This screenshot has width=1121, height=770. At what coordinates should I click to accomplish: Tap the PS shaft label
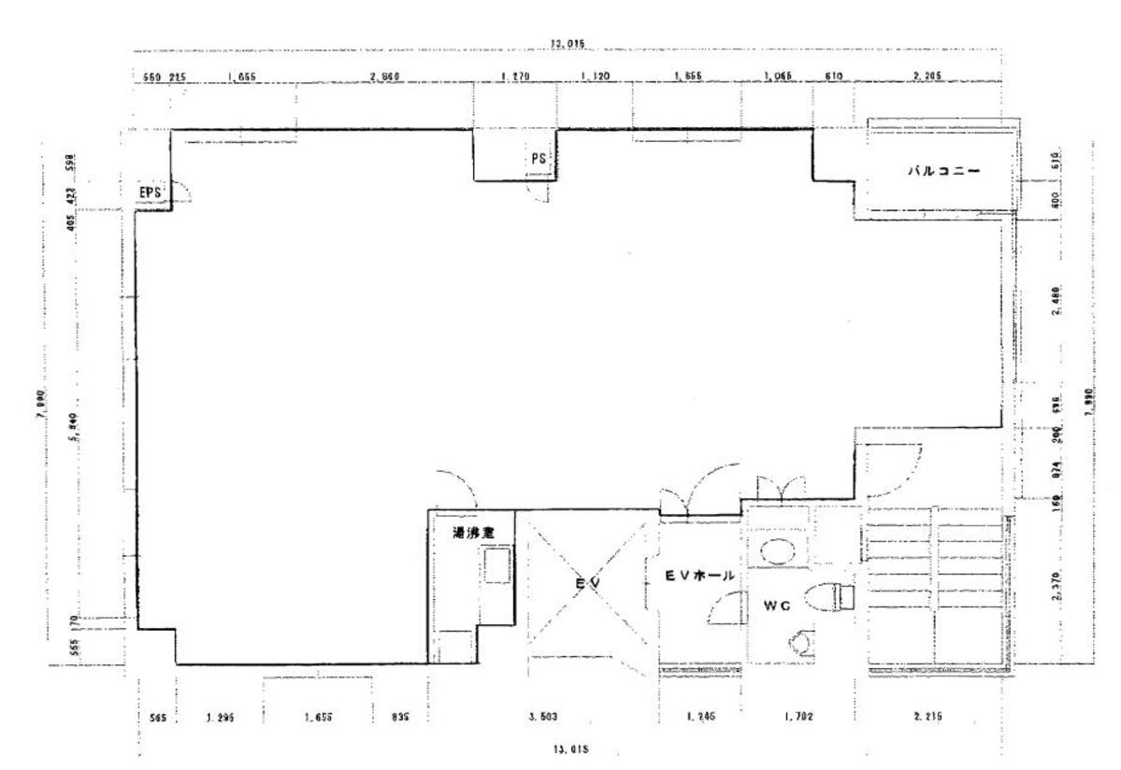click(x=539, y=159)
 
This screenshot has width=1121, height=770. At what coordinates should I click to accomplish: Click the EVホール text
click(x=700, y=577)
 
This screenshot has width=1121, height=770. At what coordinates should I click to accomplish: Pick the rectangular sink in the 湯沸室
click(x=496, y=566)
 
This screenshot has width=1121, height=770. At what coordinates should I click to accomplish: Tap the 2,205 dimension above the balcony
click(x=926, y=78)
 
